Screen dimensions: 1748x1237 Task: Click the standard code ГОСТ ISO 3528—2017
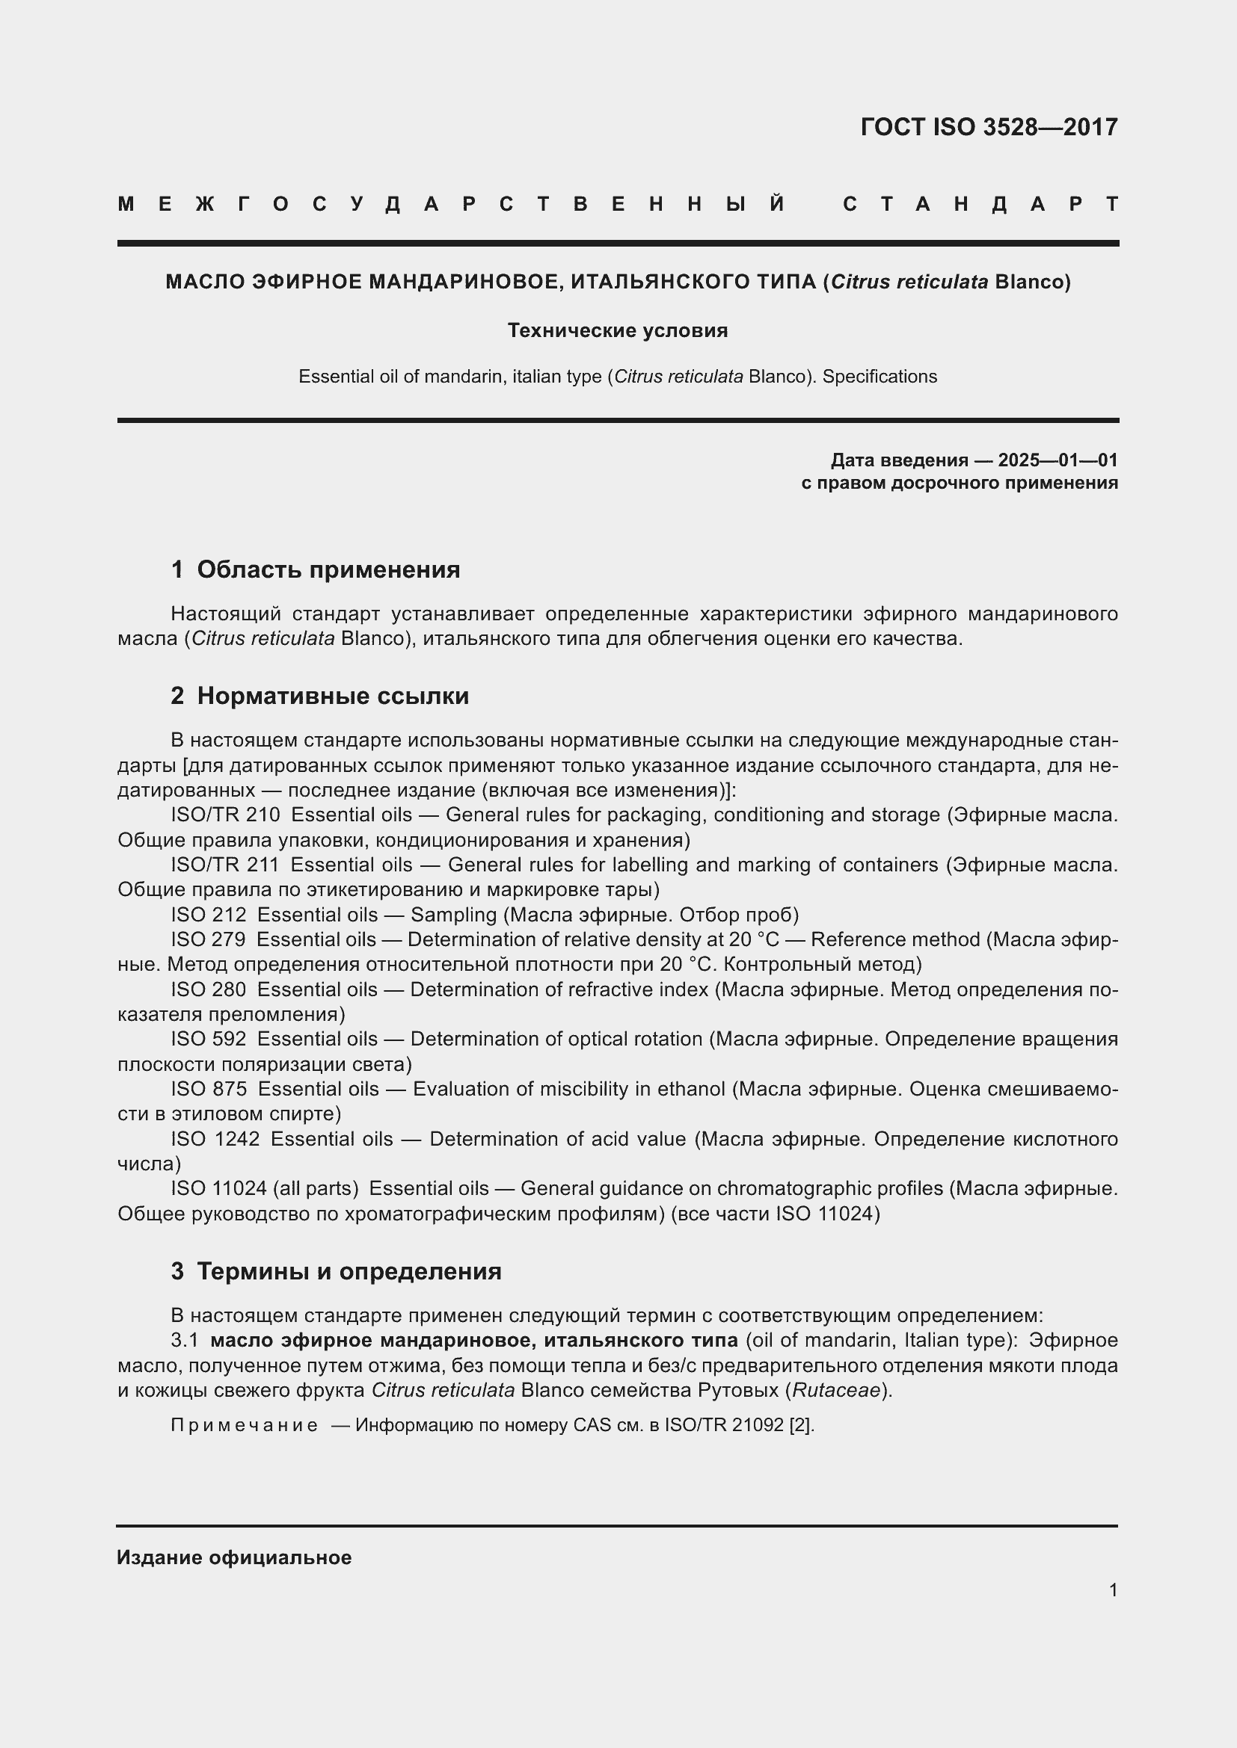pyautogui.click(x=989, y=126)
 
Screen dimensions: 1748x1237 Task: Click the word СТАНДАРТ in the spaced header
pyautogui.click(x=980, y=204)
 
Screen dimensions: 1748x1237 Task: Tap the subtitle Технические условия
pyautogui.click(x=618, y=330)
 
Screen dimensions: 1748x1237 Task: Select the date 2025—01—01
pyautogui.click(x=1058, y=460)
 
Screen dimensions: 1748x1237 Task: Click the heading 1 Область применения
pyautogui.click(x=316, y=569)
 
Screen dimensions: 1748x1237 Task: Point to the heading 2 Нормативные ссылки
pyautogui.click(x=320, y=696)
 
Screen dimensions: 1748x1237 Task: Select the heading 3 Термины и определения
pyautogui.click(x=336, y=1271)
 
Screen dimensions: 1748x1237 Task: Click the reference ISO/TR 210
pyautogui.click(x=224, y=815)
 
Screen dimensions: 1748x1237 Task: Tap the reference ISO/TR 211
pyautogui.click(x=224, y=865)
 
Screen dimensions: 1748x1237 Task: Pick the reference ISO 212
pyautogui.click(x=208, y=914)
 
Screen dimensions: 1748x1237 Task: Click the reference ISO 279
pyautogui.click(x=208, y=939)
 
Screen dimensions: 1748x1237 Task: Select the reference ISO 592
pyautogui.click(x=208, y=1040)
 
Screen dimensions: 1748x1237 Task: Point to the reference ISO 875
pyautogui.click(x=208, y=1089)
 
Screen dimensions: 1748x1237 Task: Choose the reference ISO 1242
pyautogui.click(x=215, y=1139)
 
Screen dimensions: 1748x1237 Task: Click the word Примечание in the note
pyautogui.click(x=244, y=1425)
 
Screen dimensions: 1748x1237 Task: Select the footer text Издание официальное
pyautogui.click(x=234, y=1557)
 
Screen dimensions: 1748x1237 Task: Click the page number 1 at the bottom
pyautogui.click(x=1113, y=1590)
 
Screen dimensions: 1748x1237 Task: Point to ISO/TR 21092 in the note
pyautogui.click(x=724, y=1425)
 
